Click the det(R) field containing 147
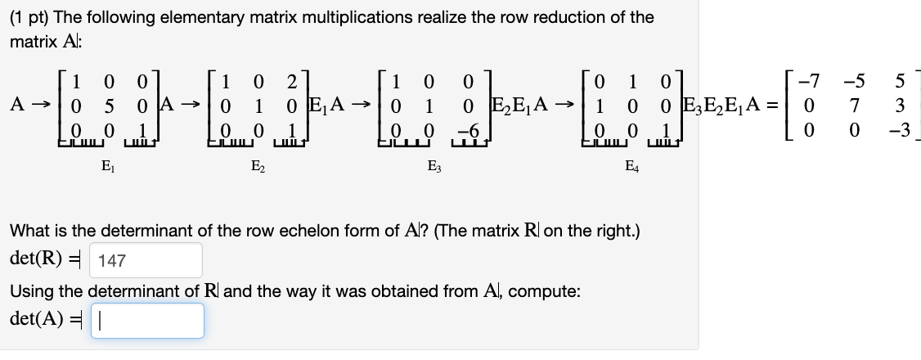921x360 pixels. click(144, 261)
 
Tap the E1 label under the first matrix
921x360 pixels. click(107, 171)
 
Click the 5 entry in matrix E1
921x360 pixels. click(108, 106)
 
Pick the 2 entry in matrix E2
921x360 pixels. click(292, 83)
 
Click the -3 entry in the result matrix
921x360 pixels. click(897, 130)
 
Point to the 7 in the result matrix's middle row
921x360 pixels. click(856, 106)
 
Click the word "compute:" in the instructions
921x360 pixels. click(549, 290)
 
